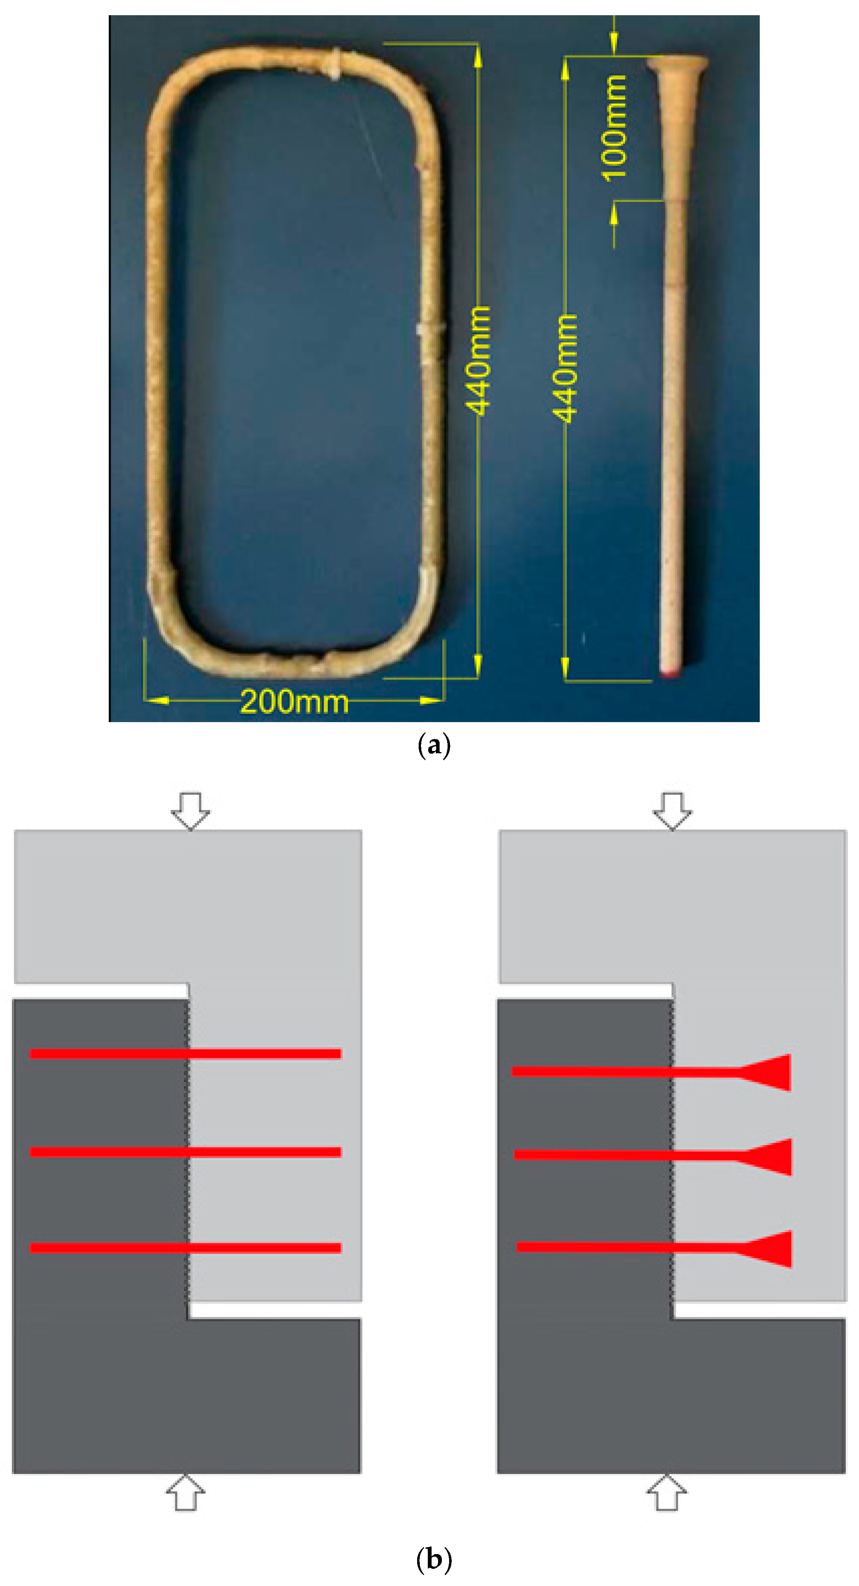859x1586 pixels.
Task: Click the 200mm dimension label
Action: point(294,701)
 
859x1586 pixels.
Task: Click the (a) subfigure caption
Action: point(434,746)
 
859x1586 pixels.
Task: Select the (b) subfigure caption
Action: point(434,1559)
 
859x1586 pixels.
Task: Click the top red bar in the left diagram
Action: point(185,1054)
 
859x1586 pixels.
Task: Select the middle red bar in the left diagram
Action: point(185,1152)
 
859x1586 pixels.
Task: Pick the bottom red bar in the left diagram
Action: point(185,1248)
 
